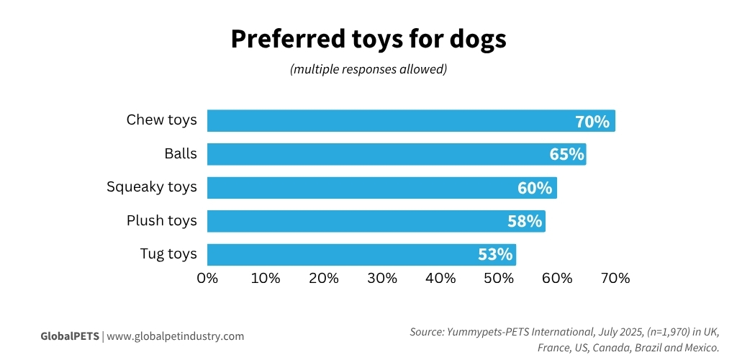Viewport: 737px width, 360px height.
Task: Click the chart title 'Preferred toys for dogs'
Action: [x=368, y=40]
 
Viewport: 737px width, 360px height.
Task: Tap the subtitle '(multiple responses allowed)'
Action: [x=368, y=70]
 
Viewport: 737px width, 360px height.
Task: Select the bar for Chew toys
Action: [x=389, y=121]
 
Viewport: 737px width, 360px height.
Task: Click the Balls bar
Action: [x=374, y=154]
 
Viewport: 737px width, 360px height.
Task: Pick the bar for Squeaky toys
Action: [x=360, y=188]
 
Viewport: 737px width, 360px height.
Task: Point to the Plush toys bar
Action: [x=353, y=221]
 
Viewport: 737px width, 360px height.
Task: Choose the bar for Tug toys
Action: [x=338, y=255]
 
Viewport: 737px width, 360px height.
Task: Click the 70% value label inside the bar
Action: [x=592, y=122]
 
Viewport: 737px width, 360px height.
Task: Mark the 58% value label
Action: [x=525, y=222]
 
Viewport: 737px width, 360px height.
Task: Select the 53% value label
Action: [x=495, y=255]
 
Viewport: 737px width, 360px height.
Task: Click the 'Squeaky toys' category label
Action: [x=151, y=187]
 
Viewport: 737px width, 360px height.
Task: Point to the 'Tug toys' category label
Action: [x=168, y=254]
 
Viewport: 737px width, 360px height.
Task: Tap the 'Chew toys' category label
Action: [x=161, y=120]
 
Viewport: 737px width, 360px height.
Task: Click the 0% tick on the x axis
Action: [x=207, y=279]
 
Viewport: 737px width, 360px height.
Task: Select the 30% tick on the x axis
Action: [x=382, y=279]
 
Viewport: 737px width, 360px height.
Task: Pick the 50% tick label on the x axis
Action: [x=499, y=279]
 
